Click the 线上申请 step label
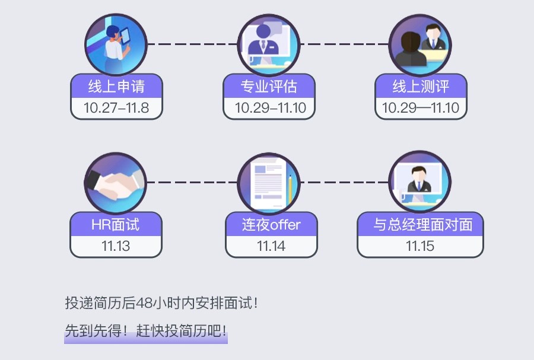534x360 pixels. point(116,87)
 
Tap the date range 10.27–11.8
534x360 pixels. point(116,108)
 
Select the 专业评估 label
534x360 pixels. point(269,87)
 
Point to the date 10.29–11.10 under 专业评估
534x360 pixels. point(269,108)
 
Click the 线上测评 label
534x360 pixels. point(421,87)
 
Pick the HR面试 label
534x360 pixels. point(116,225)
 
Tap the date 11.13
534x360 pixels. point(116,246)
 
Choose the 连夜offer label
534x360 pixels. point(271,225)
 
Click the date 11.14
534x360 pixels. point(271,246)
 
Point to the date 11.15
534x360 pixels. point(420,246)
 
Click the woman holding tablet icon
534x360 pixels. point(115,44)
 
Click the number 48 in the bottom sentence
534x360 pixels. point(144,303)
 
